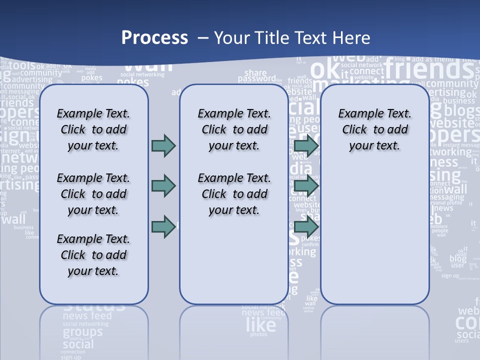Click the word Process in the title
tap(154, 37)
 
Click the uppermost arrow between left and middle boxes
tap(163, 145)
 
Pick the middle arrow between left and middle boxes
tap(163, 186)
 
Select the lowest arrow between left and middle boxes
tap(163, 226)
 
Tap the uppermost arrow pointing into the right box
tap(306, 145)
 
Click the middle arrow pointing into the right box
tap(306, 186)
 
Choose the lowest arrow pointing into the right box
tap(306, 226)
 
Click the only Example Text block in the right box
tap(374, 129)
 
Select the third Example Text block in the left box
tap(93, 255)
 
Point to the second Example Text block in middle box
tap(234, 194)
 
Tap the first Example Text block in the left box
tap(93, 129)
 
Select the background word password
tap(256, 79)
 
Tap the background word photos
tap(258, 334)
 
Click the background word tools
tap(22, 65)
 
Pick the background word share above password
tap(255, 72)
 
